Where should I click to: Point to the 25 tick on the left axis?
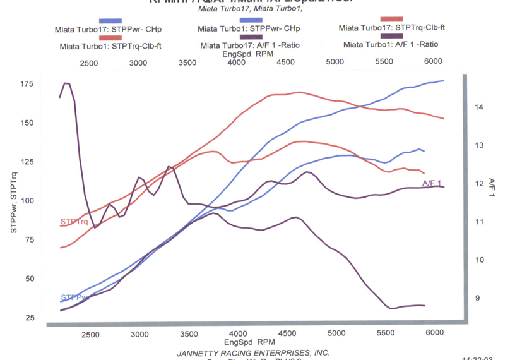[x=30, y=317]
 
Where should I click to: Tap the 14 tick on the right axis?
[x=479, y=107]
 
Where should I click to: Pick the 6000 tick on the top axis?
[x=433, y=63]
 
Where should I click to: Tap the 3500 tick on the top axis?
[x=187, y=63]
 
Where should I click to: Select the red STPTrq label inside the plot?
[x=74, y=222]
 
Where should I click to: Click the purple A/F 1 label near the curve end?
[x=432, y=183]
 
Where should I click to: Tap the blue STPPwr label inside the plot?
[x=74, y=297]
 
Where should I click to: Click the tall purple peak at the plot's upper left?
[x=66, y=83]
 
